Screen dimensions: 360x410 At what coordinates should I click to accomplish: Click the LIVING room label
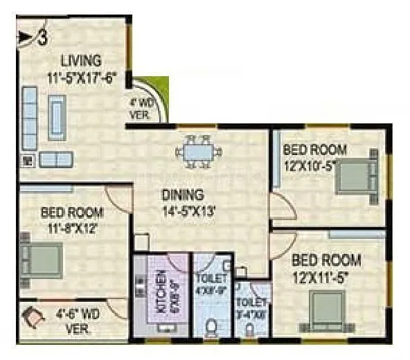pos(80,61)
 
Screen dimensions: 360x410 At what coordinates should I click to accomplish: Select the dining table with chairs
pos(199,152)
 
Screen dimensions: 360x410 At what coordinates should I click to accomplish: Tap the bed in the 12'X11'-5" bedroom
pos(325,305)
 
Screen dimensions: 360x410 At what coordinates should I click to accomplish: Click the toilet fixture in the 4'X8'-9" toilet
pos(213,325)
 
